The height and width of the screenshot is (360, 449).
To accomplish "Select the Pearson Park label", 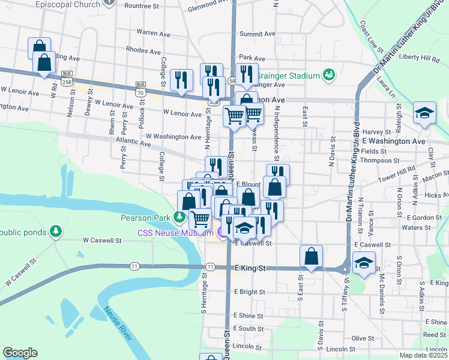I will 145,217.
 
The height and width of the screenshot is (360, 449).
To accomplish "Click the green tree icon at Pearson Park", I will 179,217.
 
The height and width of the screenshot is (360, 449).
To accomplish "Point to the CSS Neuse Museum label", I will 175,233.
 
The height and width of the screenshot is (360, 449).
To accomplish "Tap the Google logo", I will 20,353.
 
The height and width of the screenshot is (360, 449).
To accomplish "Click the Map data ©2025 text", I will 424,355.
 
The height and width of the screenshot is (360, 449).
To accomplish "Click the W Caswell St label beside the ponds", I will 102,240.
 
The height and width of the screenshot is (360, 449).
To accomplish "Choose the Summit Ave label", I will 257,34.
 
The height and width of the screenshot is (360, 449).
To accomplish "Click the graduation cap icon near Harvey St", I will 424,112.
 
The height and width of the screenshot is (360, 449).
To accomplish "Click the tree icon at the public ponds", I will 55,230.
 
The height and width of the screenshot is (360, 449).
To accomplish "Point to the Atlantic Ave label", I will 133,143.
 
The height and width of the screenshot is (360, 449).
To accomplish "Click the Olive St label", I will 363,338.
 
